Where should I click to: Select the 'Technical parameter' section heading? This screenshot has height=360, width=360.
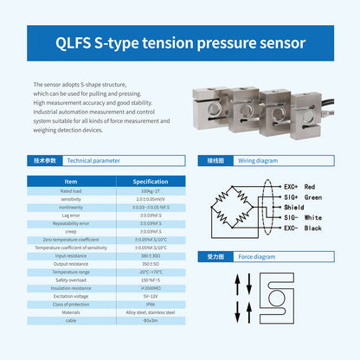point(94,161)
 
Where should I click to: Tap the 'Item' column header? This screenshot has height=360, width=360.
point(65,181)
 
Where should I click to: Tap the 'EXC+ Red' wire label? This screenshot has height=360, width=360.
point(298,186)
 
